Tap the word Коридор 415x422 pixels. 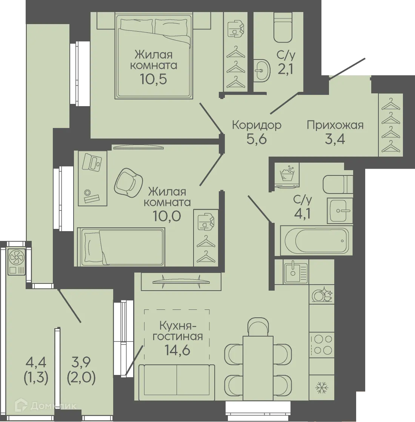tap(257, 125)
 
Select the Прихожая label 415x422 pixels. tap(335, 125)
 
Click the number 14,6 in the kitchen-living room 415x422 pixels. tap(178, 350)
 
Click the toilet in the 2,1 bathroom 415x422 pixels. tap(283, 28)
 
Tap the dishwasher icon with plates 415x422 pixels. tap(322, 295)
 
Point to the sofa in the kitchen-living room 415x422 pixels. tap(177, 382)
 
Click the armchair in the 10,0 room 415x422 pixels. tap(128, 181)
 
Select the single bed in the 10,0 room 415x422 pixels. tap(121, 247)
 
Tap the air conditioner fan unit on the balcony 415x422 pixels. tap(17, 261)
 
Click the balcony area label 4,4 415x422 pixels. tap(36, 362)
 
